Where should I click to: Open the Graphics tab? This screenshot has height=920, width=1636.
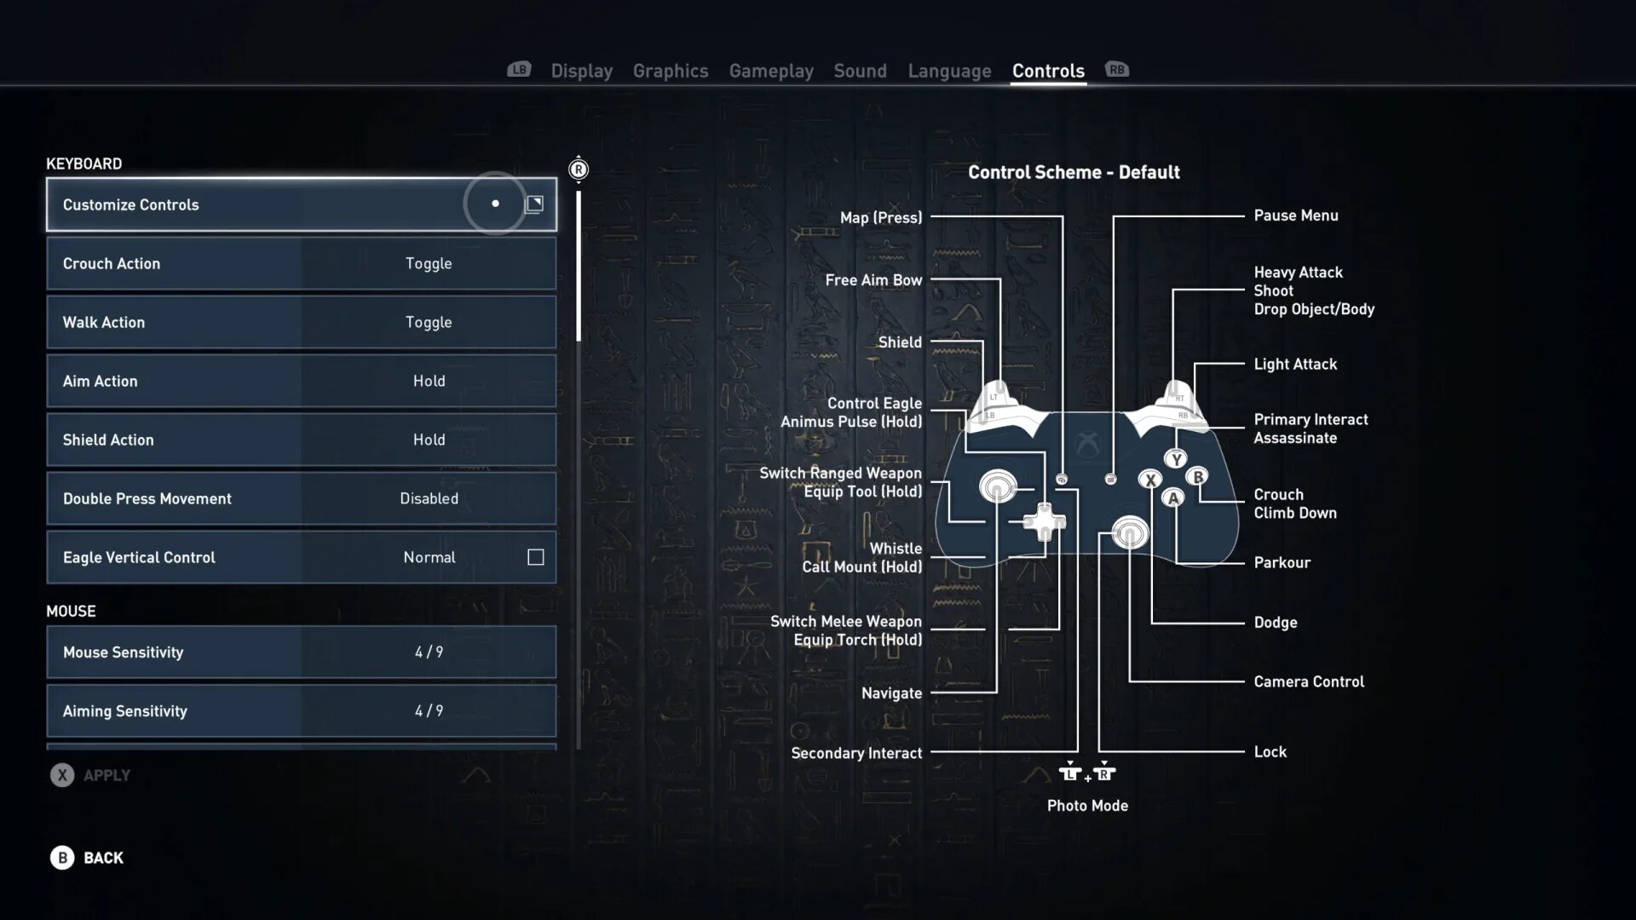tap(670, 71)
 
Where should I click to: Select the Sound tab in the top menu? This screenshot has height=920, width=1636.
tap(860, 71)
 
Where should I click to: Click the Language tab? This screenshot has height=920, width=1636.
tap(949, 71)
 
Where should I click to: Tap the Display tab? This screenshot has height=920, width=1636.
tap(581, 71)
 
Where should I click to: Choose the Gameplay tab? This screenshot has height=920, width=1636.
tap(770, 71)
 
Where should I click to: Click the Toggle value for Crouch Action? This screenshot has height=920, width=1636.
tap(429, 264)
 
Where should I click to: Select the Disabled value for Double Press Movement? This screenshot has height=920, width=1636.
tap(429, 499)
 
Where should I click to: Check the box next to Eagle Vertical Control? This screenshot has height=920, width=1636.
tap(535, 557)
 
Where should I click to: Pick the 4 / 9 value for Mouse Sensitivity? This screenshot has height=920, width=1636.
tap(429, 653)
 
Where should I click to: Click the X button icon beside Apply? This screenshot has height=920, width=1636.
tap(62, 775)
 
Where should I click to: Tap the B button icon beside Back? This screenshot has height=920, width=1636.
tap(62, 858)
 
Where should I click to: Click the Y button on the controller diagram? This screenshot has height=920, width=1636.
tap(1176, 460)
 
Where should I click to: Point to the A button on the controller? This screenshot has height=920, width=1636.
tap(1173, 498)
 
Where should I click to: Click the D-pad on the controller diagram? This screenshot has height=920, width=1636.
tap(1044, 521)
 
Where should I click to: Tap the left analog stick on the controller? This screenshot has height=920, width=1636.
tap(998, 486)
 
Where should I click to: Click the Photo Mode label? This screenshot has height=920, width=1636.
tap(1087, 806)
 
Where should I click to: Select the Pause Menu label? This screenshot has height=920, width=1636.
tap(1295, 216)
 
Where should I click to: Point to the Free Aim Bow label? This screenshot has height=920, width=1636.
tap(873, 280)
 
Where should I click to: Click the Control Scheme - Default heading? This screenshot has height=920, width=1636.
tap(1074, 172)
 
